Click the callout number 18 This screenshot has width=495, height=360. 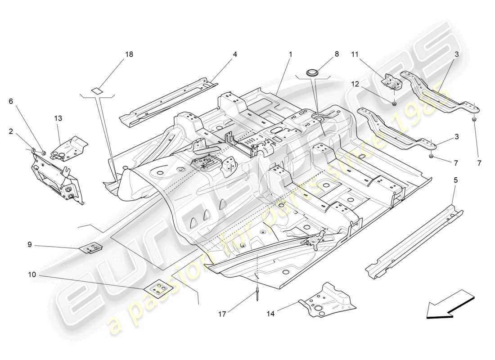coord(129,54)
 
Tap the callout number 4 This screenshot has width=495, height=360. coord(235,54)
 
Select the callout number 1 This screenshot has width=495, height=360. coord(291,54)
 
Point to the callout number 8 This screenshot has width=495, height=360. coord(337,54)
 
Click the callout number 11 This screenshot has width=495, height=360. coord(355,54)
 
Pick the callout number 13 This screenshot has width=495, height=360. coord(58,118)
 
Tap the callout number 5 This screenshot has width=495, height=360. coord(455,180)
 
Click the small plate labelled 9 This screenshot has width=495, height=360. coord(91,247)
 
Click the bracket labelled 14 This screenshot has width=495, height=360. coord(328,299)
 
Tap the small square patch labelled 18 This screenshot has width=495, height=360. coord(97,90)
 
